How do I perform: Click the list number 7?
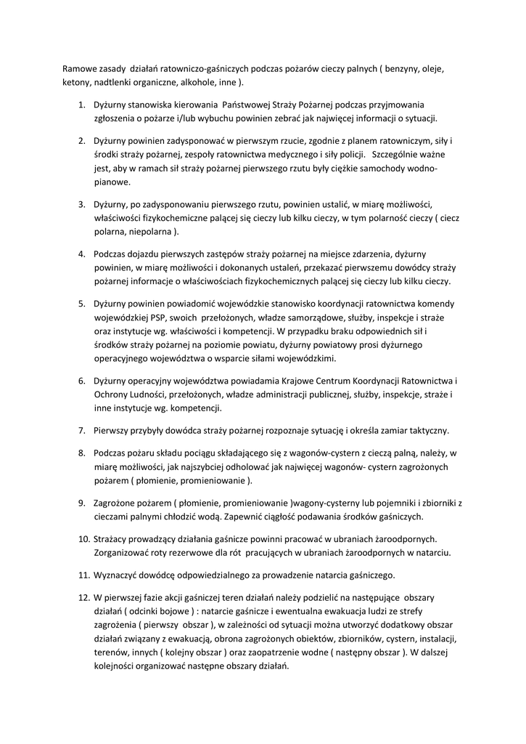click(x=82, y=430)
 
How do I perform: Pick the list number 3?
click(x=82, y=203)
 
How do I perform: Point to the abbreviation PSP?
click(x=158, y=318)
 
